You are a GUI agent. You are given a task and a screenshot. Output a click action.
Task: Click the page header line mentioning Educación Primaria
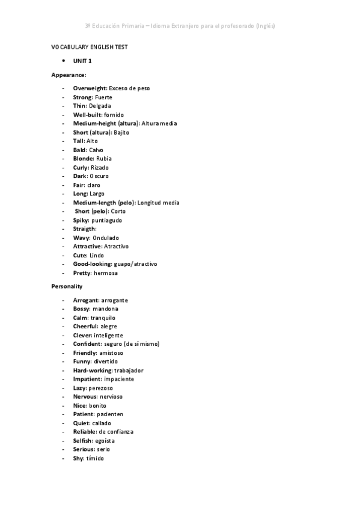click(180, 26)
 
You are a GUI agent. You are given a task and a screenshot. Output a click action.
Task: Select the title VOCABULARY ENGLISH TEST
click(89, 47)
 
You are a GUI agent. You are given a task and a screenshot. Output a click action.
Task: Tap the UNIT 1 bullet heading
click(82, 61)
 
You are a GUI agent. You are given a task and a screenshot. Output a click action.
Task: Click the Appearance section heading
click(69, 75)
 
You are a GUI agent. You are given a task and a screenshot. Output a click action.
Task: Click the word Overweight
click(90, 88)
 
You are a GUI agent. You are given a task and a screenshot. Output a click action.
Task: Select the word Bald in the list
click(80, 150)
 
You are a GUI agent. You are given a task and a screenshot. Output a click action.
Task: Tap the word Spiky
click(81, 220)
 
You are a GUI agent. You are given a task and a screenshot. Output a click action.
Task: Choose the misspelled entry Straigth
click(84, 229)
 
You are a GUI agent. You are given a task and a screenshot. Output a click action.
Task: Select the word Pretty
click(82, 273)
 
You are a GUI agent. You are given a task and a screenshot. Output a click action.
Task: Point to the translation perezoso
click(101, 388)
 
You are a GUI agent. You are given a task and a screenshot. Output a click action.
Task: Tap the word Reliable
click(85, 432)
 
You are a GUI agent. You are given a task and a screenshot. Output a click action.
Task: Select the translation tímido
click(95, 458)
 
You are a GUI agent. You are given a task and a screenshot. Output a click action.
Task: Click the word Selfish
click(83, 441)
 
